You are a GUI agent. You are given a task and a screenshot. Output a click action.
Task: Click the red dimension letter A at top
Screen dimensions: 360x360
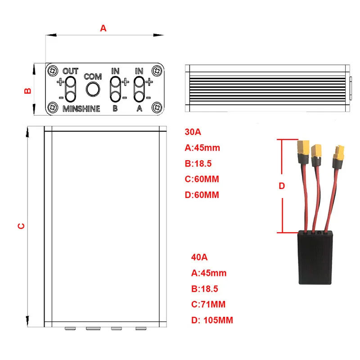103,28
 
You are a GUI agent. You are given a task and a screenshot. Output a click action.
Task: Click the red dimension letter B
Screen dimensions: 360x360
27,90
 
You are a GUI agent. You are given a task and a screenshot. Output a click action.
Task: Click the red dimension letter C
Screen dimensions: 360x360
21,225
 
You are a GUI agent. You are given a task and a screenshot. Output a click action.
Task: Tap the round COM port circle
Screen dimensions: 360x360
93,89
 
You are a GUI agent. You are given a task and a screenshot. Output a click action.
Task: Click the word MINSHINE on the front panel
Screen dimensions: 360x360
81,108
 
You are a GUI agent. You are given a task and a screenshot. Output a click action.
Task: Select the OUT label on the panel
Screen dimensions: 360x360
71,72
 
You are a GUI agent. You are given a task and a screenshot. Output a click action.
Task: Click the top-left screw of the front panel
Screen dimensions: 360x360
54,71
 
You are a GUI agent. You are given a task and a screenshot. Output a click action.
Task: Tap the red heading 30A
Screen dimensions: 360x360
193,132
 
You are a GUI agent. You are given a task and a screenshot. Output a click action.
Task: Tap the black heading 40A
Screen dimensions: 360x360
199,257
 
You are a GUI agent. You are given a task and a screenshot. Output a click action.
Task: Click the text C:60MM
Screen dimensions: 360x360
202,179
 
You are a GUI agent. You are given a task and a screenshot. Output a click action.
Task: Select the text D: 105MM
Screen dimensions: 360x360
212,320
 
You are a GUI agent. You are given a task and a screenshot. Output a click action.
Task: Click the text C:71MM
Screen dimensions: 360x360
208,304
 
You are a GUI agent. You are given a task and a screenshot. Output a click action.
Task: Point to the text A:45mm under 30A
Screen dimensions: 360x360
202,148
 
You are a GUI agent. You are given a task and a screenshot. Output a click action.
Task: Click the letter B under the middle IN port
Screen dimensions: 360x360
115,108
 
